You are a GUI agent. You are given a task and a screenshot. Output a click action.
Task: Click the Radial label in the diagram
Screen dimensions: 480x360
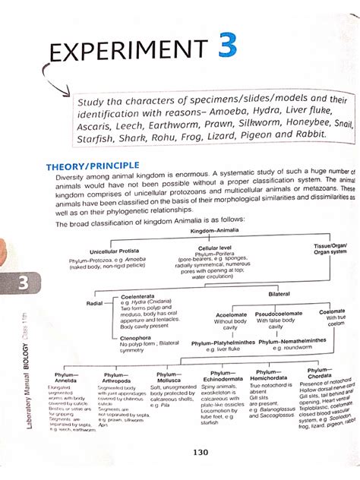(x=96, y=302)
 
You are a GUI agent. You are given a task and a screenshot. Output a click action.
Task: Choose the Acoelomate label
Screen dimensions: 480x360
(x=231, y=314)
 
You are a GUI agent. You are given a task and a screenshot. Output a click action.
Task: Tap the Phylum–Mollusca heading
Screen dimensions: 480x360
(x=169, y=377)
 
